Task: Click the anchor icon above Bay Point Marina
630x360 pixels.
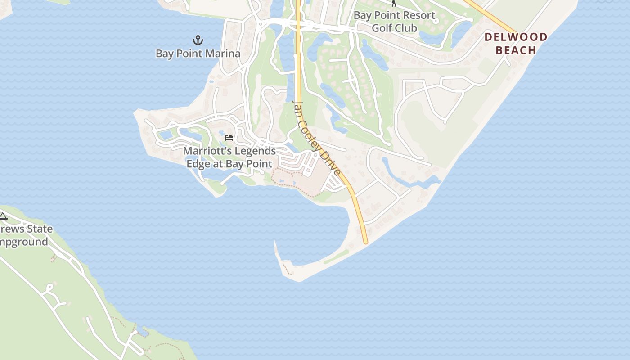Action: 198,40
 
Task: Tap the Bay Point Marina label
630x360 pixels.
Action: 198,54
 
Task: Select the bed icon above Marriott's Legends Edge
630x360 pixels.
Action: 229,137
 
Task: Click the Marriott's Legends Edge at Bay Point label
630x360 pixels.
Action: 229,157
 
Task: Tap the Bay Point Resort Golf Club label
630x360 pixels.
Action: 395,22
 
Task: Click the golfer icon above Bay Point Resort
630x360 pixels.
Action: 394,3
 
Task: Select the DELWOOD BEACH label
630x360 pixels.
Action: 516,43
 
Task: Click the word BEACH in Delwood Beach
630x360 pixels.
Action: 516,50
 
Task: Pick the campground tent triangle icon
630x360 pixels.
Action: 3,216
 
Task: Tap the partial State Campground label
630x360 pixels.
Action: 25,235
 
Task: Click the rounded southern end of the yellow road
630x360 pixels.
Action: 365,241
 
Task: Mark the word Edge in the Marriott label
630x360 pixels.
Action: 198,164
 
